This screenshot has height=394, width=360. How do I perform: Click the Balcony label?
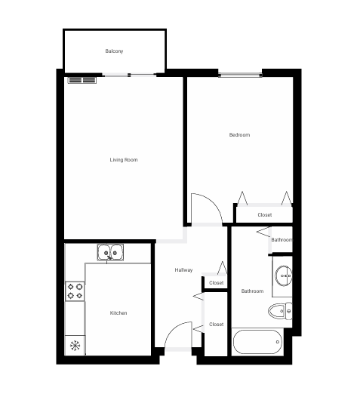(114, 51)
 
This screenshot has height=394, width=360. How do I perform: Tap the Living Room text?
(124, 160)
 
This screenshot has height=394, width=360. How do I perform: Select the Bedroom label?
(239, 135)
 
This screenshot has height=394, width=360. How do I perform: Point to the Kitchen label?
(118, 313)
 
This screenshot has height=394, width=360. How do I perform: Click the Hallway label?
(183, 270)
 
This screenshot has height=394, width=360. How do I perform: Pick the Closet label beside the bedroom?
(264, 215)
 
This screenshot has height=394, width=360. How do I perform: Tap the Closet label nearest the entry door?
(217, 325)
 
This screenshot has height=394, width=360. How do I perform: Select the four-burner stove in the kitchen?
(75, 291)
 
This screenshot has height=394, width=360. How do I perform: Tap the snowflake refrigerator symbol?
(75, 346)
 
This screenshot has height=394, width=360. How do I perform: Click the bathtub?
(257, 343)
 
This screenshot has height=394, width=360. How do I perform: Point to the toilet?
(280, 309)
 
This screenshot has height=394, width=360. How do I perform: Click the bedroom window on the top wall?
(241, 74)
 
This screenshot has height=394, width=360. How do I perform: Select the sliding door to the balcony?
(130, 74)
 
